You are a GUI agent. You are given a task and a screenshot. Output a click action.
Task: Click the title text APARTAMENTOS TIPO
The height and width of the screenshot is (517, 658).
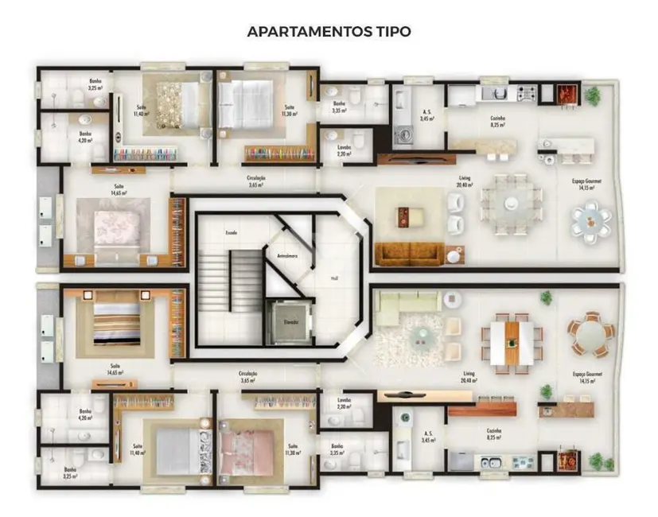point(329,33)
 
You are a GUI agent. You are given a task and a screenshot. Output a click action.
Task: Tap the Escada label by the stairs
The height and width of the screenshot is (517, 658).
point(232,232)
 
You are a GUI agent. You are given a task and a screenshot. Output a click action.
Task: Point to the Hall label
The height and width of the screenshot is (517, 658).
point(333,279)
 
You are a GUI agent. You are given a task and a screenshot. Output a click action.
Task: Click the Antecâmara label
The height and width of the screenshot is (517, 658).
point(286,256)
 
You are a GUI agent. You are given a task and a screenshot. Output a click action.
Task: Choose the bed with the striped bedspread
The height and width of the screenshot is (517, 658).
point(116,323)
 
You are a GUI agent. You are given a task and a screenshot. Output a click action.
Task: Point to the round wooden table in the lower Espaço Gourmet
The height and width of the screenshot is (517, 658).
point(590,334)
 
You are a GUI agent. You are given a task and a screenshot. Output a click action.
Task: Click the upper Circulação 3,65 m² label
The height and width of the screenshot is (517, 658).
point(255,181)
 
